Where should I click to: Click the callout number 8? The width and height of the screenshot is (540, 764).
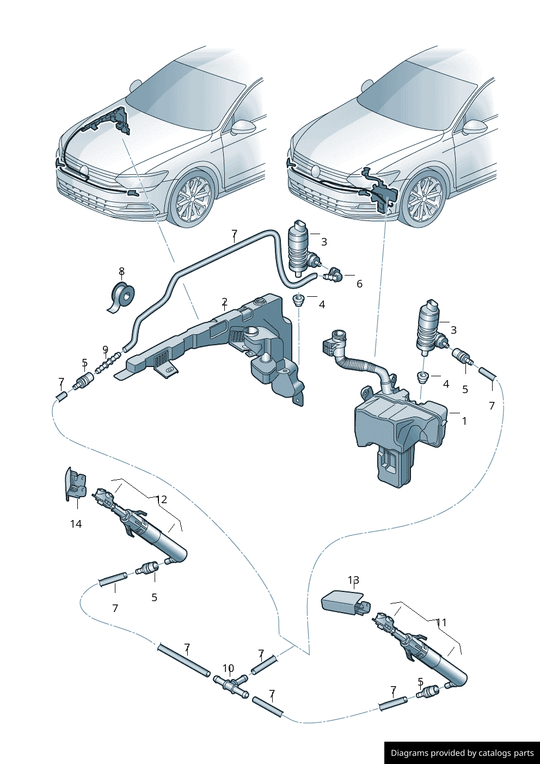pos(121,271)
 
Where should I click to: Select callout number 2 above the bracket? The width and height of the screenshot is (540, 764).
pos(224,302)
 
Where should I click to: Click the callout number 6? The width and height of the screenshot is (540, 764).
pos(359,284)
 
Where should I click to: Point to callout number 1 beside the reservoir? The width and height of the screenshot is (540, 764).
pos(464,421)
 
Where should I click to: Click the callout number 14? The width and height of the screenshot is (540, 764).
pos(76,524)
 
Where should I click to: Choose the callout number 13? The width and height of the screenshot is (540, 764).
pos(354,580)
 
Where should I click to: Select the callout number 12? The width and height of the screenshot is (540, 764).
pos(161,499)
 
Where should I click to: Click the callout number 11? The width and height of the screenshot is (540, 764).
pos(441,622)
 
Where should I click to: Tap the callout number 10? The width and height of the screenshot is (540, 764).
pos(228,668)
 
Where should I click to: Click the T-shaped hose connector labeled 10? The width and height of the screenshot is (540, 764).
pos(231,685)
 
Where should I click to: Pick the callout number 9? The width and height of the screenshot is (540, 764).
pos(105,350)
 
